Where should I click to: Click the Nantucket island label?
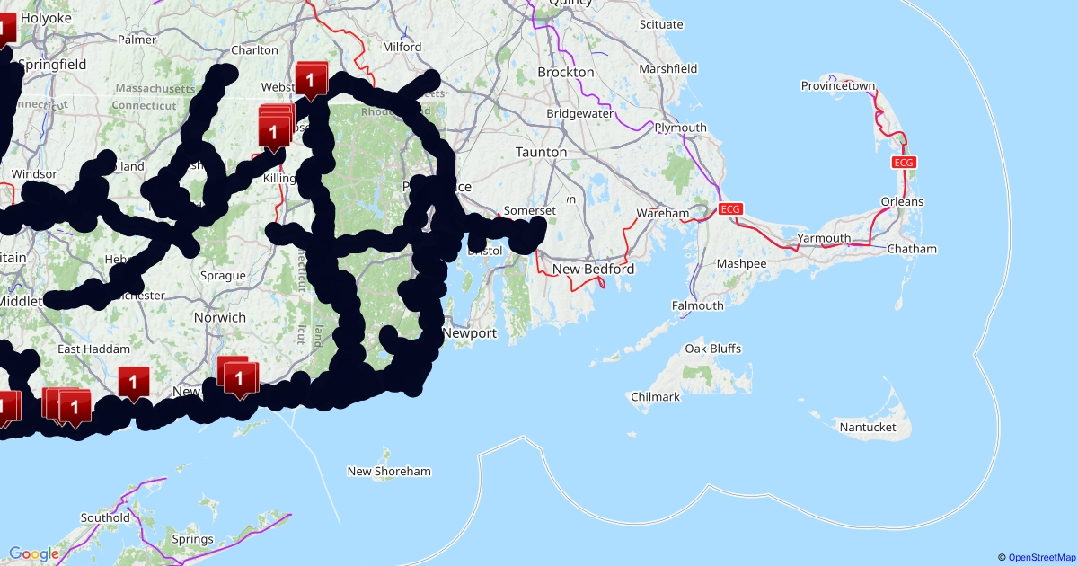pos(867,427)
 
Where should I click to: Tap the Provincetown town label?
pos(837,86)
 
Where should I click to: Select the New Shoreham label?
pos(389,471)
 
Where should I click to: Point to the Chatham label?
pos(911,249)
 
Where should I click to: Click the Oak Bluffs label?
pos(713,348)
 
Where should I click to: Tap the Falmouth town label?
pos(697,305)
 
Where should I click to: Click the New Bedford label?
pos(593,269)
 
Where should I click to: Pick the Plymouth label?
pos(680,128)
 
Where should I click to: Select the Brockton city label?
pos(565,72)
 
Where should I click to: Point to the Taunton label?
pos(541,153)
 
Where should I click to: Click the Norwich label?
pos(220,317)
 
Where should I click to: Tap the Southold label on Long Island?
pos(105,517)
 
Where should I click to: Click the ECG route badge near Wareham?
pos(730,209)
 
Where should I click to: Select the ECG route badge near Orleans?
pos(903,162)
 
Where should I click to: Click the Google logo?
pos(34,554)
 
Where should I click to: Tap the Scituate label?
pos(660,25)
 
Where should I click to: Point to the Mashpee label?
pos(741,263)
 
